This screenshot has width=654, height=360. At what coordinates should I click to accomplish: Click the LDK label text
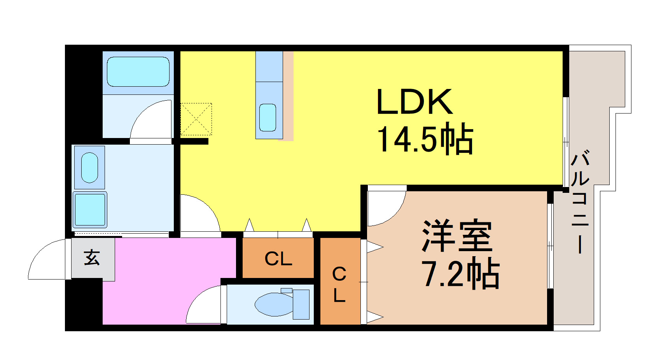pyautogui.click(x=415, y=101)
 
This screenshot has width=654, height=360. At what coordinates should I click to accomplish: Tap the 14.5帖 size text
pyautogui.click(x=425, y=139)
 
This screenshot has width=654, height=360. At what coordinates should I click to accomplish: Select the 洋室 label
pyautogui.click(x=457, y=236)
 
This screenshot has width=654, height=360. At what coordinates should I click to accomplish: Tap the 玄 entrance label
pyautogui.click(x=92, y=257)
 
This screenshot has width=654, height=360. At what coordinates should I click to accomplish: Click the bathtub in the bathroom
pyautogui.click(x=138, y=72)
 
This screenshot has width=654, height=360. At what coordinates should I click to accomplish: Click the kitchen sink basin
pyautogui.click(x=268, y=117)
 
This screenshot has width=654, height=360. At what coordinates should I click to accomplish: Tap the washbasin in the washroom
pyautogui.click(x=89, y=168)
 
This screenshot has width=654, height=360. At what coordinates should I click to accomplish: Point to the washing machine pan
pyautogui.click(x=90, y=209)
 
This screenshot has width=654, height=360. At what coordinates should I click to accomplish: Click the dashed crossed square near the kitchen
pyautogui.click(x=196, y=119)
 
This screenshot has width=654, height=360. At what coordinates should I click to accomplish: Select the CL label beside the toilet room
pyautogui.click(x=278, y=259)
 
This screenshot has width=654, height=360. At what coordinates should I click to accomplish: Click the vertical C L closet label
pyautogui.click(x=339, y=285)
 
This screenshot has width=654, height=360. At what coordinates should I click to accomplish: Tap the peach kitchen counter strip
pyautogui.click(x=288, y=96)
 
